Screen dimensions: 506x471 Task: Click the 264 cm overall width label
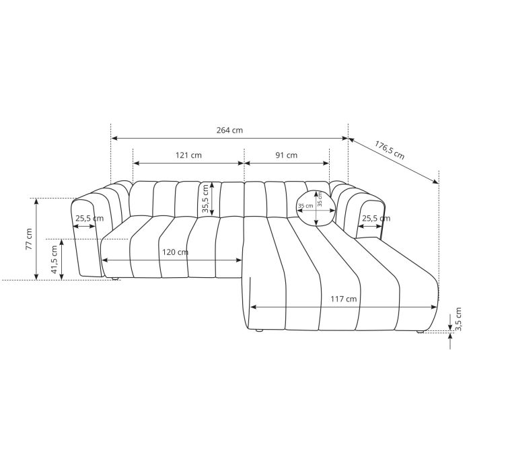point(229,131)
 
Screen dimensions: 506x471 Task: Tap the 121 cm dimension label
point(188,155)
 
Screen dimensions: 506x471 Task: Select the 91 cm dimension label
point(286,155)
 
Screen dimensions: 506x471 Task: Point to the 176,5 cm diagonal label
point(390,150)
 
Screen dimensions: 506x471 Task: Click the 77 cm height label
point(29,239)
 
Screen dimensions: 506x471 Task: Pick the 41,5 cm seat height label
point(55,259)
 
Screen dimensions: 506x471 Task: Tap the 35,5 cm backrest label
point(205,199)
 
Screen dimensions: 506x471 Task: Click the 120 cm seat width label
point(175,252)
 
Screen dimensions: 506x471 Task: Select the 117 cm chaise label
point(344,299)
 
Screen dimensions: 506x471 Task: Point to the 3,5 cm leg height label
point(459,319)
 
